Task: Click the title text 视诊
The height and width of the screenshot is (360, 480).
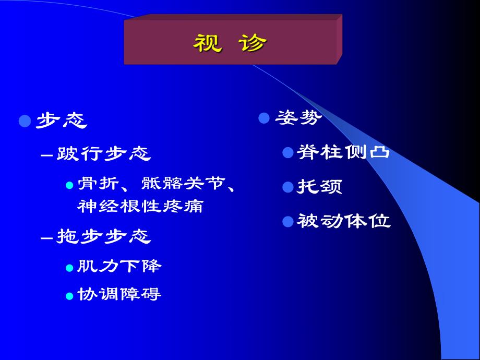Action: pyautogui.click(x=230, y=44)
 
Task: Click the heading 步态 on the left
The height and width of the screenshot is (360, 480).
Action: pyautogui.click(x=61, y=121)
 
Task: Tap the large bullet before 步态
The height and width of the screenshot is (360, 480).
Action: pyautogui.click(x=25, y=122)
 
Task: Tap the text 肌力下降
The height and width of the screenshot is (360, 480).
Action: pyautogui.click(x=119, y=267)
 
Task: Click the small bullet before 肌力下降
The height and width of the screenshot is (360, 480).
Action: pyautogui.click(x=69, y=268)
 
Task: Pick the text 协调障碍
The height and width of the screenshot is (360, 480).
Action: pyautogui.click(x=119, y=294)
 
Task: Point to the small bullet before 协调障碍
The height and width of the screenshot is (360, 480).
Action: pyautogui.click(x=69, y=296)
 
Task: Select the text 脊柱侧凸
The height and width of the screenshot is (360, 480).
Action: pyautogui.click(x=343, y=152)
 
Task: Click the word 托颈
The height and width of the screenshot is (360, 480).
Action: pyautogui.click(x=320, y=186)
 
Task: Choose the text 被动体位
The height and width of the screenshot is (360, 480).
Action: pyautogui.click(x=343, y=221)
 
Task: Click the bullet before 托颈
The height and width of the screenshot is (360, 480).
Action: pyautogui.click(x=287, y=187)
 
